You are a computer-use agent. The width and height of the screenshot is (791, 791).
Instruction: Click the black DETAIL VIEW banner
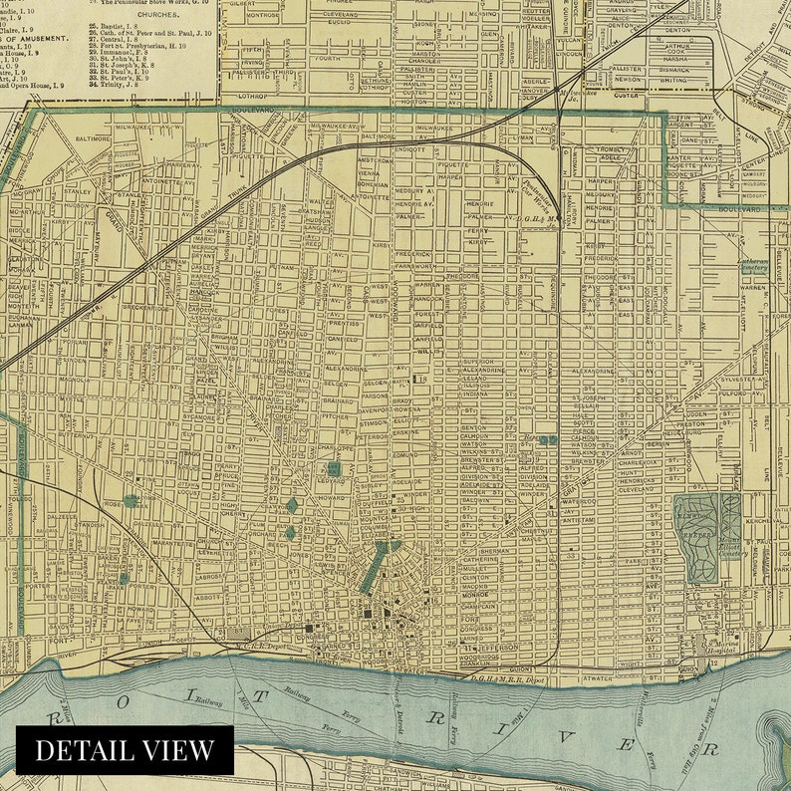[125, 750]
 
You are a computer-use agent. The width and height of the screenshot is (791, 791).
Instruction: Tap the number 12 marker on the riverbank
[713, 663]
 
